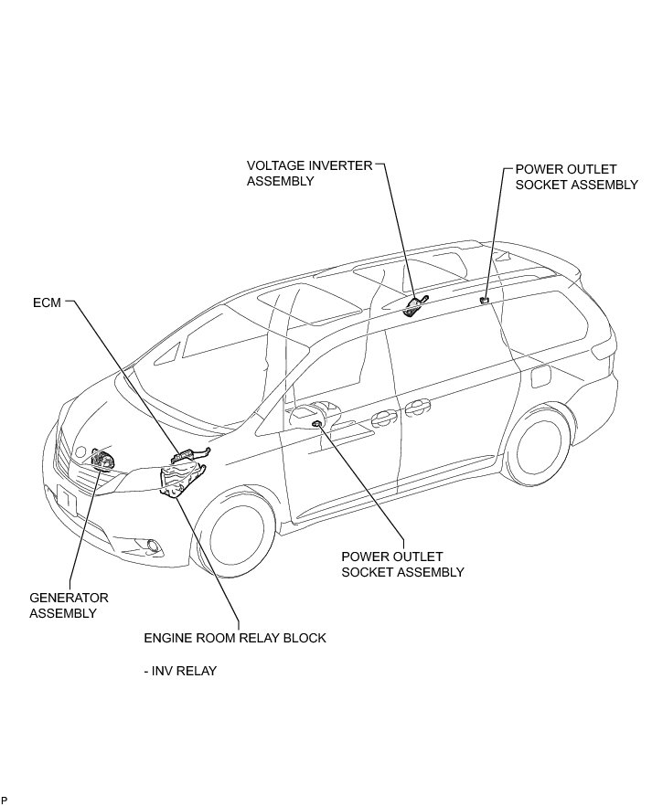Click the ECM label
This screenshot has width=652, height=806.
tap(46, 302)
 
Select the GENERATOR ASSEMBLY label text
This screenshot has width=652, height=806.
tap(69, 605)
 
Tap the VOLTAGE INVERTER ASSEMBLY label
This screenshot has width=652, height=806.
tap(309, 173)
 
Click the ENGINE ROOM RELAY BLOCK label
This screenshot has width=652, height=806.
tap(234, 638)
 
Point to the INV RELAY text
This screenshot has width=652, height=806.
tap(180, 671)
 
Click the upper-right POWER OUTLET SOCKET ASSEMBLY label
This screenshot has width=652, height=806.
tap(576, 176)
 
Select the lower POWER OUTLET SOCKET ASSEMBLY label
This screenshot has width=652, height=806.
tap(402, 564)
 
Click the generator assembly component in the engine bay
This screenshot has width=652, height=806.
tap(102, 460)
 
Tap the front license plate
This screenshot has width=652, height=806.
tap(66, 499)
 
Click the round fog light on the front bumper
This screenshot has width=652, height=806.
tap(153, 546)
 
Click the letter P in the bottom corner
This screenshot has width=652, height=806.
tap(5, 801)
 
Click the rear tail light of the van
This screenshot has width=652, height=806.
tap(602, 349)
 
